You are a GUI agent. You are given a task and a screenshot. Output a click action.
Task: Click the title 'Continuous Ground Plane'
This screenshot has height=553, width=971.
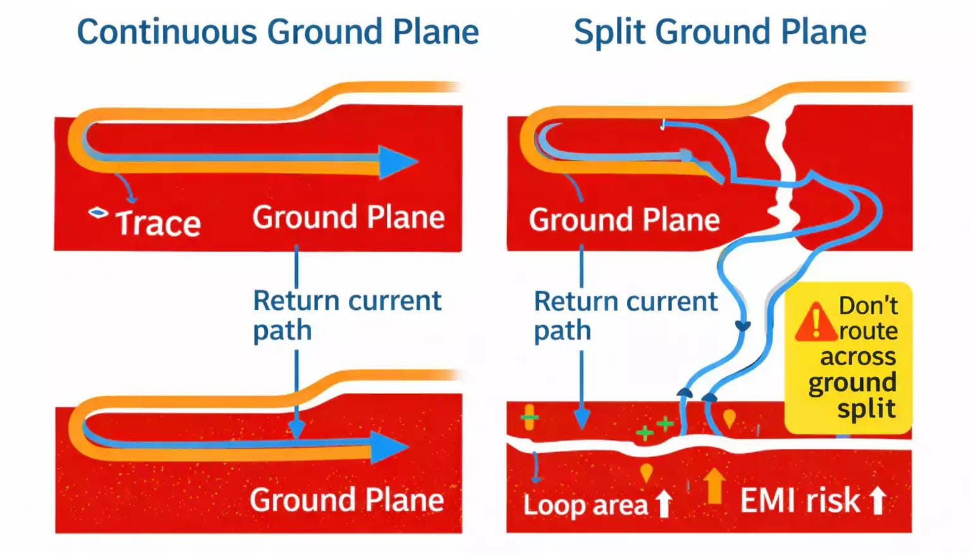coord(278,32)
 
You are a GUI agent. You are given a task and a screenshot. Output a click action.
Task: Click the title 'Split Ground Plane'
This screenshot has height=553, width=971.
coord(720,32)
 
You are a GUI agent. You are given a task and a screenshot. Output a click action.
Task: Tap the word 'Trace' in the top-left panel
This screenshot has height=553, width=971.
coord(158,224)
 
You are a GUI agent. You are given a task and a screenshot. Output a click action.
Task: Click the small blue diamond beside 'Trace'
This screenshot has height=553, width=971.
coord(98,212)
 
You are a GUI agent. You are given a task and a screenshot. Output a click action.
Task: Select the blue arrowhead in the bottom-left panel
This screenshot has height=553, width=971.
coord(388,447)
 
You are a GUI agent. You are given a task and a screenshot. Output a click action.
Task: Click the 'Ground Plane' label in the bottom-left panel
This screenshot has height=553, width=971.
coord(347,500)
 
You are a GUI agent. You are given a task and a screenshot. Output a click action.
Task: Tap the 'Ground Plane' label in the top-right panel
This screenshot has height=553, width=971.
coord(624,220)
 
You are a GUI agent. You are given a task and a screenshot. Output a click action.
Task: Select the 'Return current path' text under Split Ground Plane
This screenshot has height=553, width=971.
coord(625,315)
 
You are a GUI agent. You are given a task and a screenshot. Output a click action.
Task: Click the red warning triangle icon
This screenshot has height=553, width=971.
coord(815,322)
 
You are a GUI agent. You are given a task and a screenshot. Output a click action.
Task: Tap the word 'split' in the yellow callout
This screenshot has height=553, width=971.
coord(866,409)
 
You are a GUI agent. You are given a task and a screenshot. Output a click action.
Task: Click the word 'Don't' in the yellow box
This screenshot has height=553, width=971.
coord(868,305)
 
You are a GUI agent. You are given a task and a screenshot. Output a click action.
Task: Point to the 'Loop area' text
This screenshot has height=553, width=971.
coord(585,505)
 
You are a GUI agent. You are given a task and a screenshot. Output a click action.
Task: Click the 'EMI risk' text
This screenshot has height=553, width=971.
coord(799,500)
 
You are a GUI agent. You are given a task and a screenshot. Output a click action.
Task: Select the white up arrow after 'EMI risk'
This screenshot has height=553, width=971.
coord(878,500)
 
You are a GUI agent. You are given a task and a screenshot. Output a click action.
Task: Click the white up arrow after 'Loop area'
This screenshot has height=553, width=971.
coord(664,503)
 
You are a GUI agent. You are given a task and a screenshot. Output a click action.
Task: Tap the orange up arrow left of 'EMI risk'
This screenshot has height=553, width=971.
coord(713,485)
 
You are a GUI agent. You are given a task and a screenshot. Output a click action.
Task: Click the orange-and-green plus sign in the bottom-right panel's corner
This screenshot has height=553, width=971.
coord(529,417)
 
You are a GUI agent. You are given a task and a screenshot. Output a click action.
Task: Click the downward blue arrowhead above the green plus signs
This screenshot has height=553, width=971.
coord(582,421)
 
